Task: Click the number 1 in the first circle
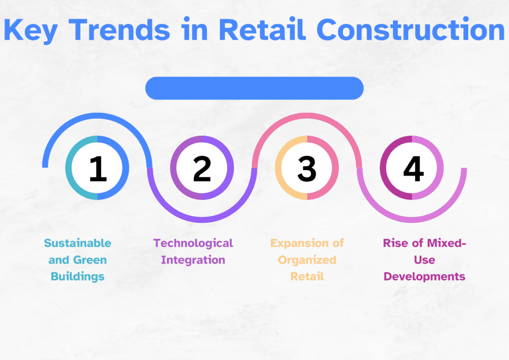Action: pos(98,168)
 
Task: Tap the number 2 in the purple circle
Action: pos(202,168)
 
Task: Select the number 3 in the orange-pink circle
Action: pos(307,169)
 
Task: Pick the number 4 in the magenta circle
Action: pos(413,168)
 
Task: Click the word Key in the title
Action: pos(30,30)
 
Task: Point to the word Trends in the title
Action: pos(119,29)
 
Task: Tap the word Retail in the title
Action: pos(262,29)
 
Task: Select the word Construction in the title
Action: pos(411,29)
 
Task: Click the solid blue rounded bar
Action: pos(254,88)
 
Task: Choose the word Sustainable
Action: pos(78,243)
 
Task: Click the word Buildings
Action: pos(78,276)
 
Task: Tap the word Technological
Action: pos(193,243)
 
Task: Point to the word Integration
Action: pos(193,260)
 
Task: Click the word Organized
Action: pos(307,260)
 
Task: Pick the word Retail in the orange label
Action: pos(307,276)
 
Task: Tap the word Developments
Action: pos(424,276)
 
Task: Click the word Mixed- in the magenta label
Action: pos(446,243)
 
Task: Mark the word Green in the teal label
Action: pos(90,260)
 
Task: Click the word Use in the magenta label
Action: pos(424,260)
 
